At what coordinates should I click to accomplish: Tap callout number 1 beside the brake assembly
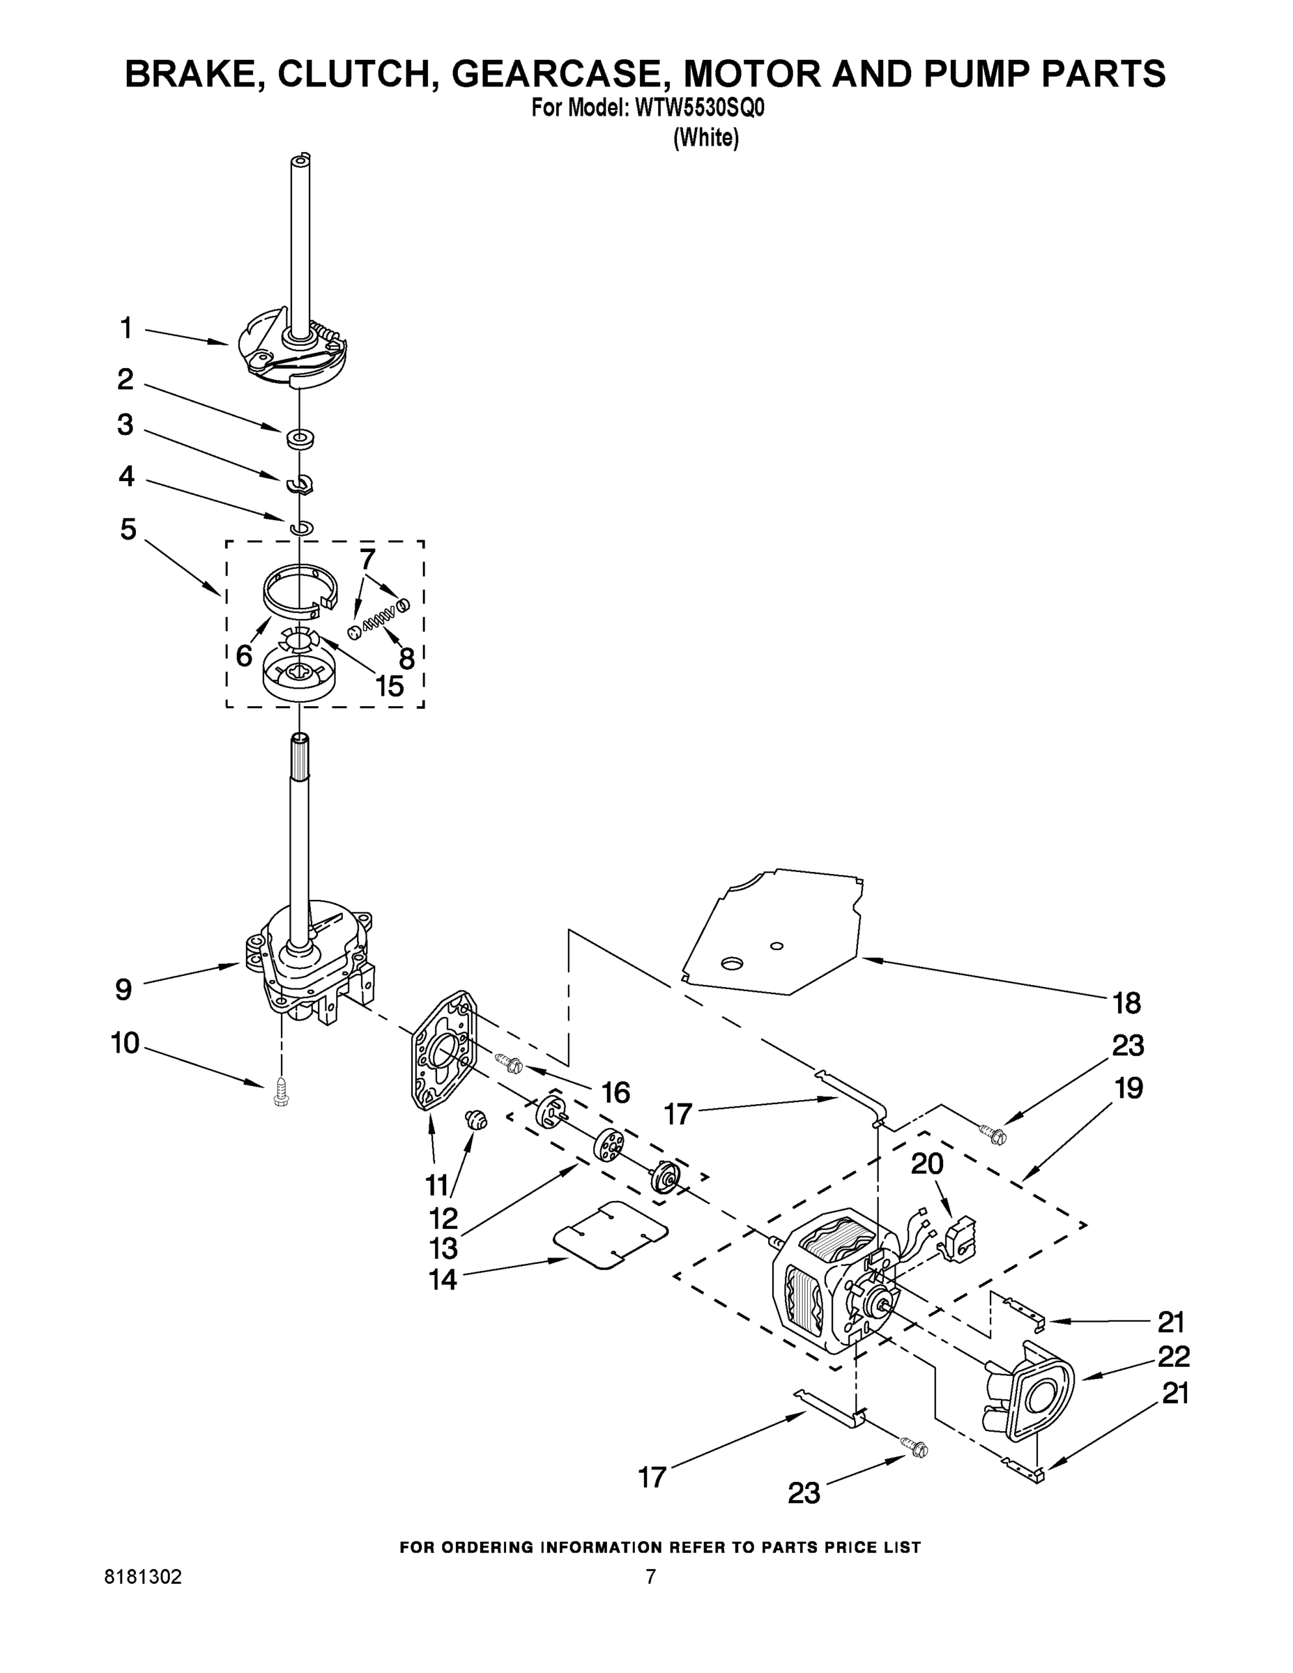[x=126, y=328]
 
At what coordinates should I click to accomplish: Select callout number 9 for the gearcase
[x=123, y=990]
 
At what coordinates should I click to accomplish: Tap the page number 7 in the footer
[x=650, y=1577]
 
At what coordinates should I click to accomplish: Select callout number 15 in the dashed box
[x=389, y=686]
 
